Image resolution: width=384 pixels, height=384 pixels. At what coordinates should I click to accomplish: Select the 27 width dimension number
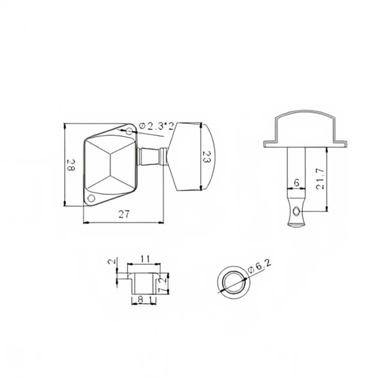(x=124, y=214)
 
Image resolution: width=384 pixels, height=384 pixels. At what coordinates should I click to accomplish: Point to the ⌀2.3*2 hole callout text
(x=156, y=126)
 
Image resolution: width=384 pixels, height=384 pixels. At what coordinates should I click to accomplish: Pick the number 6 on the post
(x=296, y=183)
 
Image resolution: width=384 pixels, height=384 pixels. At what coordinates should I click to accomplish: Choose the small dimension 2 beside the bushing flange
(x=114, y=262)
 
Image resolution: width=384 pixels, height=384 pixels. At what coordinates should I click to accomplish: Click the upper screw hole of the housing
(x=130, y=131)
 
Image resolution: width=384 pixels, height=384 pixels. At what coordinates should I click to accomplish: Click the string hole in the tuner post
(x=297, y=211)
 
